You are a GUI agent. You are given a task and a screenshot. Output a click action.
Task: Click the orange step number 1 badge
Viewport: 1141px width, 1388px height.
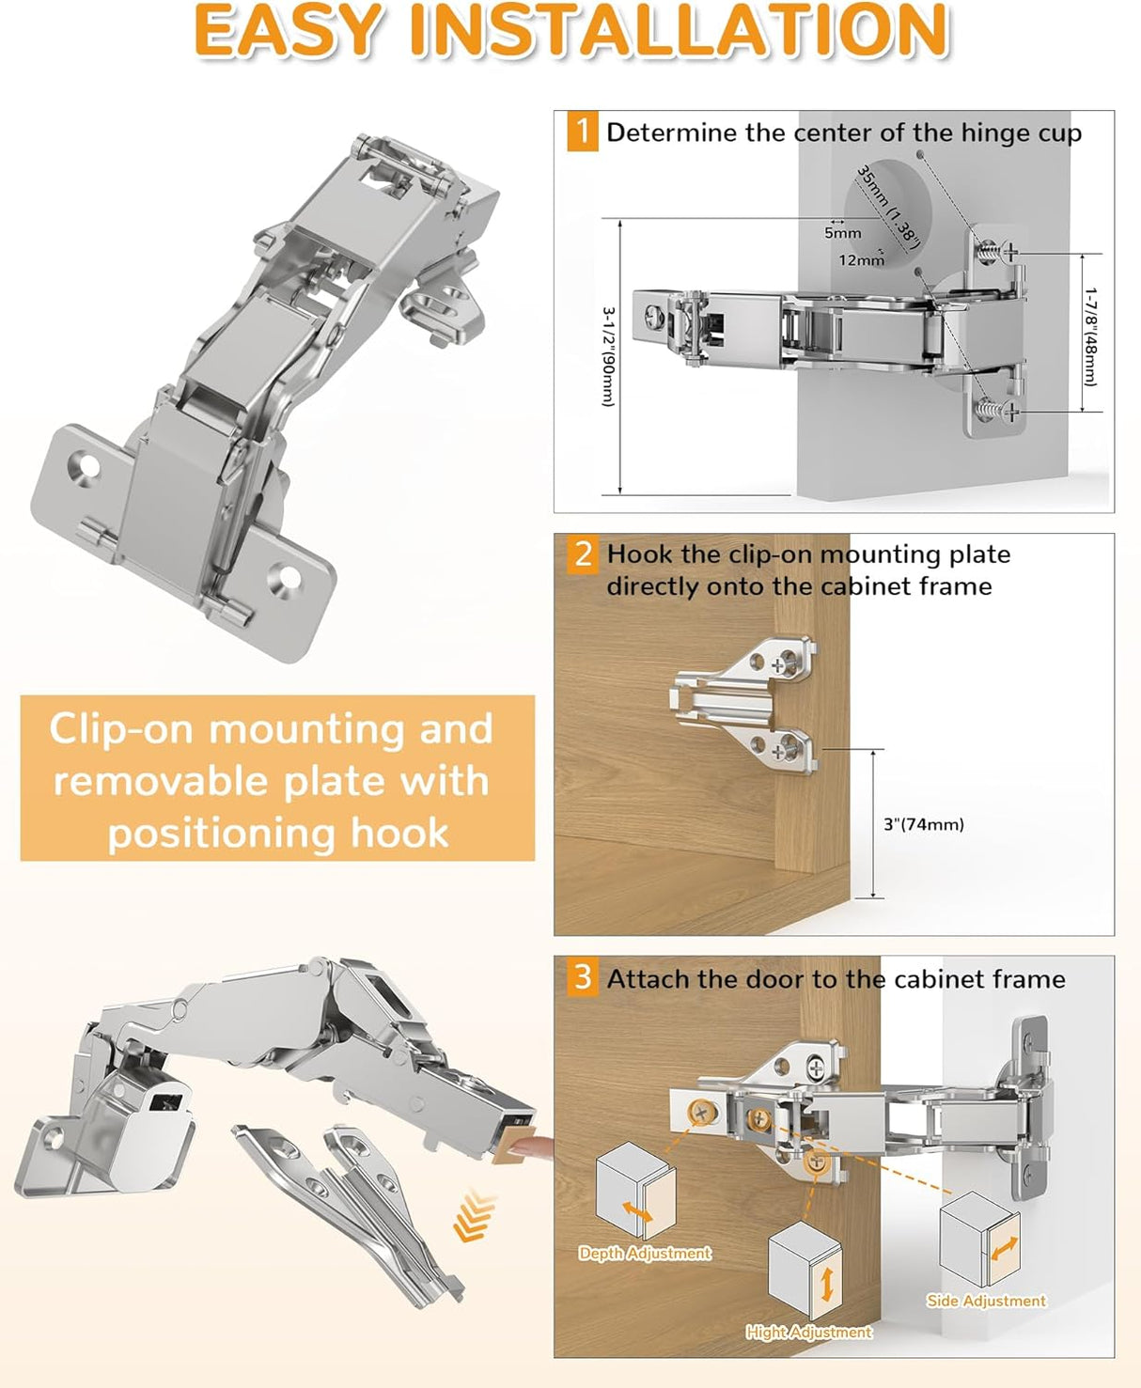pyautogui.click(x=583, y=132)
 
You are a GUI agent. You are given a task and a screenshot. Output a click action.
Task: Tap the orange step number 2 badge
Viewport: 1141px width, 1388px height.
pyautogui.click(x=583, y=554)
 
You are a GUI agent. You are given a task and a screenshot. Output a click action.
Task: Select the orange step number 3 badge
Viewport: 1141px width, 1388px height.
pyautogui.click(x=583, y=977)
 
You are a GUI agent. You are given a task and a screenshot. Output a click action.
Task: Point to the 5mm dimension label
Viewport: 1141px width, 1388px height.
pyautogui.click(x=842, y=233)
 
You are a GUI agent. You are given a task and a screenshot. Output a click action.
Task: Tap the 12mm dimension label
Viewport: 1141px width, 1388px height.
pyautogui.click(x=861, y=260)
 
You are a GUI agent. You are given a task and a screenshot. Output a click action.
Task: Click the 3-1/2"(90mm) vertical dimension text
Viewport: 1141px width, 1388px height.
pyautogui.click(x=608, y=356)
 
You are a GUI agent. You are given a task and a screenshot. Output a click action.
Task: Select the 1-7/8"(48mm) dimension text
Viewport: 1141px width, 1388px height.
pyautogui.click(x=1089, y=336)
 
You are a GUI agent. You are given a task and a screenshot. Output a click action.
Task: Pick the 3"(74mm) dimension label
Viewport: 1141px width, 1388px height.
pyautogui.click(x=923, y=824)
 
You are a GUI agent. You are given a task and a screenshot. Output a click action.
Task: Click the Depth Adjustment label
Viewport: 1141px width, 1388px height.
pyautogui.click(x=645, y=1253)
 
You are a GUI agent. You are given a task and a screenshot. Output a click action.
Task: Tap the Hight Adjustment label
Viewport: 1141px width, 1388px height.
pyautogui.click(x=808, y=1332)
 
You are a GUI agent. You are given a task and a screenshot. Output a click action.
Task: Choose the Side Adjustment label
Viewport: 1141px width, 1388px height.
pyautogui.click(x=986, y=1301)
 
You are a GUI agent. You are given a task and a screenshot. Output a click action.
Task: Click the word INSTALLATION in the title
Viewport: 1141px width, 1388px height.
pyautogui.click(x=679, y=30)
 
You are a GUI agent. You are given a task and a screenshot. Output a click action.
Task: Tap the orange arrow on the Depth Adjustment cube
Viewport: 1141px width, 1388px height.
pyautogui.click(x=638, y=1212)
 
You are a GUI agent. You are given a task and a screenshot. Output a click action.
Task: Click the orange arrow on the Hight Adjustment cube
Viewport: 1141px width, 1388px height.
pyautogui.click(x=827, y=1284)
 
